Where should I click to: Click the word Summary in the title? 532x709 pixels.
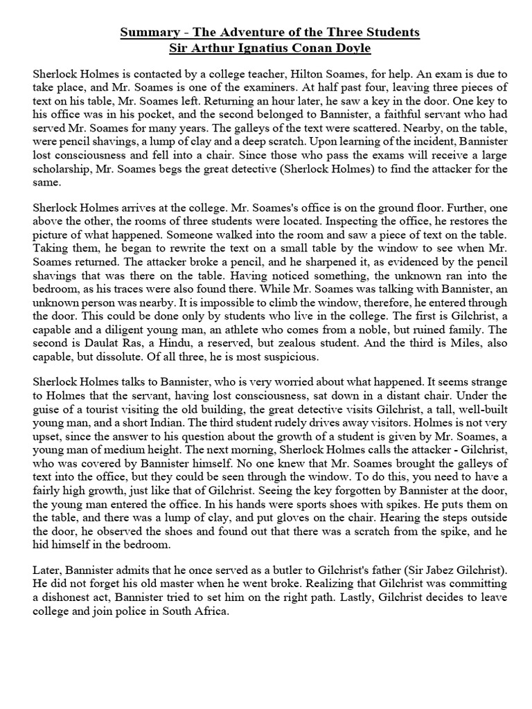[x=147, y=33]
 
